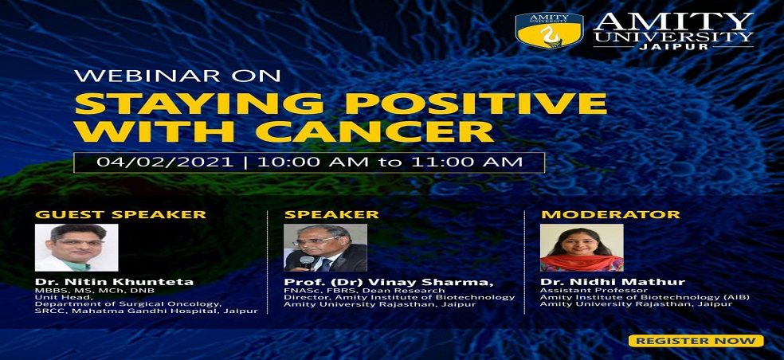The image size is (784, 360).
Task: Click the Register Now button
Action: point(696,341)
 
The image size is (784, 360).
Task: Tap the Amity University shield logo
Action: point(550,30)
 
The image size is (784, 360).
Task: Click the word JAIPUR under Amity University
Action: point(673,46)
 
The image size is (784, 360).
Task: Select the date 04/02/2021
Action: point(165,162)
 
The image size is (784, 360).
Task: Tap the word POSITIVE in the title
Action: point(475,103)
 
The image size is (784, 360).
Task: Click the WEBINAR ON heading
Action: point(177,76)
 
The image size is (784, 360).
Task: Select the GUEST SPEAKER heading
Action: point(120,214)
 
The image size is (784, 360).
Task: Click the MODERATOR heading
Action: point(610,214)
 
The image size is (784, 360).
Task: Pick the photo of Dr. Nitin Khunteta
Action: point(76,248)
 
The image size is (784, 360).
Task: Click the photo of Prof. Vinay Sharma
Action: point(326,248)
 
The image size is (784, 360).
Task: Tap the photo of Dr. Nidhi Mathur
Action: point(582,248)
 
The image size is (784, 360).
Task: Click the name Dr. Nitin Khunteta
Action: point(114,282)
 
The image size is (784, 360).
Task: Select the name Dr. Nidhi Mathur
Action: point(613,282)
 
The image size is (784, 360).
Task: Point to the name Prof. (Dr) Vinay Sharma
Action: point(389,282)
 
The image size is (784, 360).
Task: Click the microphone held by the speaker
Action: point(307,260)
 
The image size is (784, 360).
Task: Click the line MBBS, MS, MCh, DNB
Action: point(95,291)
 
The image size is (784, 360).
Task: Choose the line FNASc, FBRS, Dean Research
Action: point(364,290)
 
